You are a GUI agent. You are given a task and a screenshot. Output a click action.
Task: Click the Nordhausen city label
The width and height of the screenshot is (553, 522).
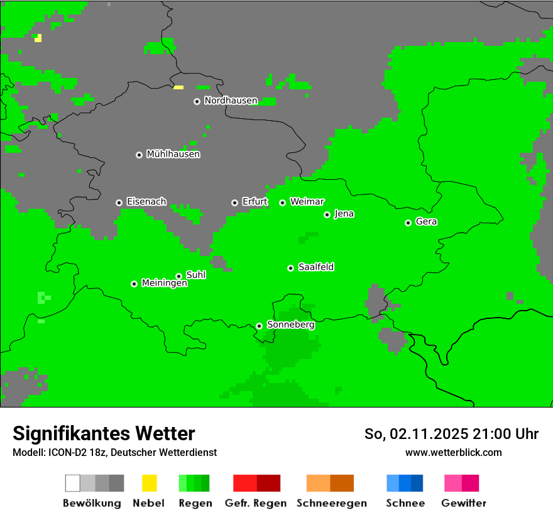point(231,101)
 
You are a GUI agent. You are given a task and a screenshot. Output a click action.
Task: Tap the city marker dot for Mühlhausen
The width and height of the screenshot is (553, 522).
point(139,155)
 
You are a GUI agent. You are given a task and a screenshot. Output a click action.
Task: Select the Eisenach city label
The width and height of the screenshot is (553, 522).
point(146,202)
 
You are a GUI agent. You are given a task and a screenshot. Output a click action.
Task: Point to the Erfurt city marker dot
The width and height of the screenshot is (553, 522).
point(234,203)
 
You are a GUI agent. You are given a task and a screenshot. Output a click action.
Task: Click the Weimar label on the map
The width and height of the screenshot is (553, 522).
point(307,202)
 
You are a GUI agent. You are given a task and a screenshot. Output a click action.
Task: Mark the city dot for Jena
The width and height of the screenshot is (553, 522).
point(327,214)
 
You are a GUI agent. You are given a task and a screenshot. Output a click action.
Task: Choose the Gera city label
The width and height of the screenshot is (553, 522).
point(426,222)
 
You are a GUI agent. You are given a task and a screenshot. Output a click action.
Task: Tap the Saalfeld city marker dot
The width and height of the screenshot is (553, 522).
point(290,268)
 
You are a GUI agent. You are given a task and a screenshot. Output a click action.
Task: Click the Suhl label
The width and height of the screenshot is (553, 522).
point(196,275)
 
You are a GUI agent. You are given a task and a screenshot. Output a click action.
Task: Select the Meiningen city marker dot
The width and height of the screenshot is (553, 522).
point(134,284)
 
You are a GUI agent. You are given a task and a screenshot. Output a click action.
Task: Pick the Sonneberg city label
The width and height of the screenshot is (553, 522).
point(291,325)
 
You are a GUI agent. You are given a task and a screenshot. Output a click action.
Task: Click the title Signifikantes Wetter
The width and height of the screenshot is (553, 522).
point(104,434)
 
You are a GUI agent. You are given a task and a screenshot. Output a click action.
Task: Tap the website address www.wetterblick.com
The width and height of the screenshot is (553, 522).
point(453,452)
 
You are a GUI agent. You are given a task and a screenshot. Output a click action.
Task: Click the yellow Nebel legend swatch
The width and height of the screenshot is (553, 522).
point(149,483)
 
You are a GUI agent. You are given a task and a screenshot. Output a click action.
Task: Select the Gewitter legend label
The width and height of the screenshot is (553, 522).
point(464,503)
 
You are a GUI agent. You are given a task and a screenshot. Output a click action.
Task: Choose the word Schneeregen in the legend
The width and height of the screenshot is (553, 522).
point(332,503)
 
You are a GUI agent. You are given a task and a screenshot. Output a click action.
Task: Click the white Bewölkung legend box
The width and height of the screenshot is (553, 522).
point(73,483)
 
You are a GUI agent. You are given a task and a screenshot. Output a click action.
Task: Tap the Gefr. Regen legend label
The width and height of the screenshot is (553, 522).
point(256,503)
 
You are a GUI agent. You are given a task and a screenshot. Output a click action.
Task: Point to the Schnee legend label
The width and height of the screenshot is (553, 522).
point(405,503)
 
